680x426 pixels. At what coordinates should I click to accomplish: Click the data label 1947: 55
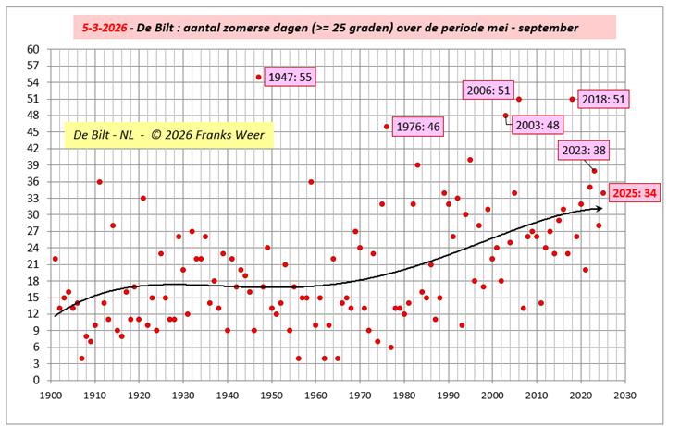pyautogui.click(x=291, y=78)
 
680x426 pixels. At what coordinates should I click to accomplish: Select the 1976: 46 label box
pyautogui.click(x=417, y=127)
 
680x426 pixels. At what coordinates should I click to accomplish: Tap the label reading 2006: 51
pyautogui.click(x=488, y=90)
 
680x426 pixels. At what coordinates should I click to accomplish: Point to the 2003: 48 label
pyautogui.click(x=538, y=125)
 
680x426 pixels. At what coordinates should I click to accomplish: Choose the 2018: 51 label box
pyautogui.click(x=605, y=99)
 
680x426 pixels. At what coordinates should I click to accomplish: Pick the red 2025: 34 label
pyautogui.click(x=637, y=193)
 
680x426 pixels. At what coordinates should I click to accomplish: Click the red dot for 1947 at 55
pyautogui.click(x=259, y=77)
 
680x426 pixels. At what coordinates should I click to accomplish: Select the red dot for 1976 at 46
pyautogui.click(x=387, y=127)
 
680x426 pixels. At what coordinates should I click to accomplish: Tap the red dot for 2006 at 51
pyautogui.click(x=519, y=99)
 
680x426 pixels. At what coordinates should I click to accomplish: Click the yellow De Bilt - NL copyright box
pyautogui.click(x=169, y=135)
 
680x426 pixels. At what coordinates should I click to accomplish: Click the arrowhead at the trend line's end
pyautogui.click(x=600, y=209)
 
